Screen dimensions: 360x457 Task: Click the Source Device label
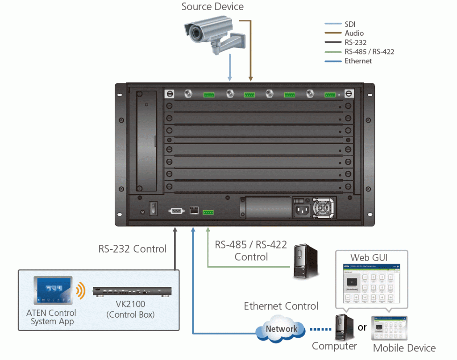212,7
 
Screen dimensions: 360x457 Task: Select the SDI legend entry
350,24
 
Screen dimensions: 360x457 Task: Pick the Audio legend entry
354,33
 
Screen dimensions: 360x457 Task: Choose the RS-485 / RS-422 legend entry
369,52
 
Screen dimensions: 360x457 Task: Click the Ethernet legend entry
358,61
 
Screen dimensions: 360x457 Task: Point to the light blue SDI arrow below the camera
230,67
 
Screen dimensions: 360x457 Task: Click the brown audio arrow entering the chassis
251,67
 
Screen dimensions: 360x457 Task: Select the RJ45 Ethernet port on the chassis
194,210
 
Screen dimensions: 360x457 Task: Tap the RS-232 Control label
133,249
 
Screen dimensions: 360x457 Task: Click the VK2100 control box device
132,291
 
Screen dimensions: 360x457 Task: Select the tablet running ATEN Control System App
52,290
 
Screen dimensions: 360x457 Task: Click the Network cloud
282,329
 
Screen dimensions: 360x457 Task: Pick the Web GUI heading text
369,257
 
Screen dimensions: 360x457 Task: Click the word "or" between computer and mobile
362,327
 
